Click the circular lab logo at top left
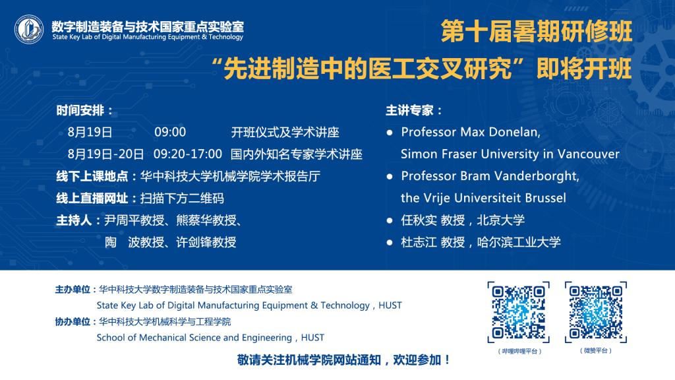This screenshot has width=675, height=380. (29, 30)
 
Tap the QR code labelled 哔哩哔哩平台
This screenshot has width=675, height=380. (518, 312)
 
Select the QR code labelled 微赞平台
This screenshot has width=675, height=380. (596, 312)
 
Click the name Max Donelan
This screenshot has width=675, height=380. (500, 132)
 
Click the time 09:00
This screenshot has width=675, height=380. (170, 132)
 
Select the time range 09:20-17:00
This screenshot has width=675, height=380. (188, 154)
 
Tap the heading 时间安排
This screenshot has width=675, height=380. (80, 111)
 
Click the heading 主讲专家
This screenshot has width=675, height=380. (409, 111)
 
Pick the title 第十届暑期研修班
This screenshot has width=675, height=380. (537, 32)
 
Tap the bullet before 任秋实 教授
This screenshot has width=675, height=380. (390, 220)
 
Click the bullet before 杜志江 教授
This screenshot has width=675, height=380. (390, 243)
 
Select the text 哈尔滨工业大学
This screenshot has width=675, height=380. (519, 243)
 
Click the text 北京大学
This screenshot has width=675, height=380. (501, 220)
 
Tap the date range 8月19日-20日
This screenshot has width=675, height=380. (105, 154)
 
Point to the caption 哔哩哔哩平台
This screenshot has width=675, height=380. (519, 351)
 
